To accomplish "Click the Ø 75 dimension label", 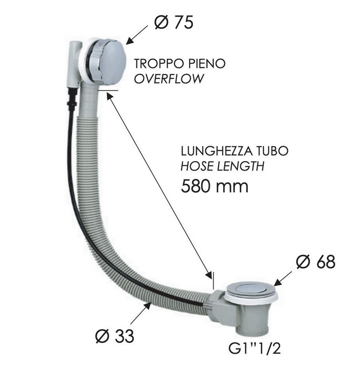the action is coord(173,23).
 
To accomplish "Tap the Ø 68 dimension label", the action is coord(316,262).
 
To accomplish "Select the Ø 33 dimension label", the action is coord(115,336).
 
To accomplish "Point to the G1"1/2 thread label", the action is coord(255,349).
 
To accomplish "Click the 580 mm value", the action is coord(214,186).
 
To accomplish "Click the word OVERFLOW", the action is coord(169,79).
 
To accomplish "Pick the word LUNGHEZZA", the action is coord(217,151).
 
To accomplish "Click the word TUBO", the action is coord(272,151).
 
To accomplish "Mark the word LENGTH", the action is coord(241,166).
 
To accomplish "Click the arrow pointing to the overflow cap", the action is coord(137,34).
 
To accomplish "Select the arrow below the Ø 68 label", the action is coord(283,279).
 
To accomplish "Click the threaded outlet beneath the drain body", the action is coord(252,329).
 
